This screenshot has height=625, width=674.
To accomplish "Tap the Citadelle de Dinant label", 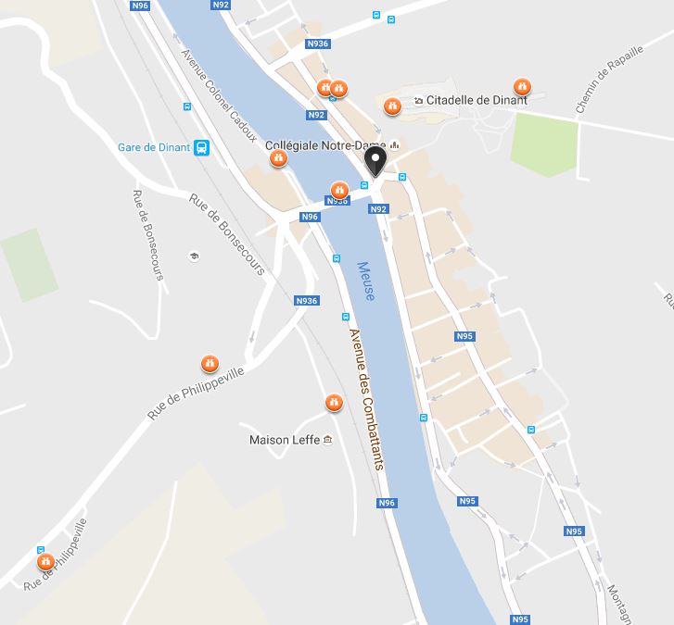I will (x=477, y=100).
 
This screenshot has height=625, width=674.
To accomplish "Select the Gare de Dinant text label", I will (x=154, y=147).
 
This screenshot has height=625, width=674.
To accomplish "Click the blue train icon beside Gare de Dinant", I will (x=202, y=147).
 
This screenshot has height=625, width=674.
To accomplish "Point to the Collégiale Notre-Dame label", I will (x=325, y=145).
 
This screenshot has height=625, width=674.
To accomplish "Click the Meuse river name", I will (x=366, y=281).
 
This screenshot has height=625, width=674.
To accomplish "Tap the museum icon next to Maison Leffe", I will (x=327, y=440).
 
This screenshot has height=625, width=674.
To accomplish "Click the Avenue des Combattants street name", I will (x=366, y=399).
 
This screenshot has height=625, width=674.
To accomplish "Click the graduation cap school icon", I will (x=194, y=256).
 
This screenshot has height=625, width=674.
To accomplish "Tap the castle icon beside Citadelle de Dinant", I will (x=419, y=100).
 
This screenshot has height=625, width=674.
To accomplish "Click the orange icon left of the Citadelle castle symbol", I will (x=393, y=106).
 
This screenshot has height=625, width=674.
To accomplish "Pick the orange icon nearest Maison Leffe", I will (x=334, y=403).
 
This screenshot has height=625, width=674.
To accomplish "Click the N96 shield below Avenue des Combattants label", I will (x=387, y=503).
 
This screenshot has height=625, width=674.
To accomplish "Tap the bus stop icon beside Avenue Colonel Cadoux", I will (x=187, y=106).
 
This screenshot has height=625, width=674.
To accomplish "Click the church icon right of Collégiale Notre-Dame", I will (x=395, y=145).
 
